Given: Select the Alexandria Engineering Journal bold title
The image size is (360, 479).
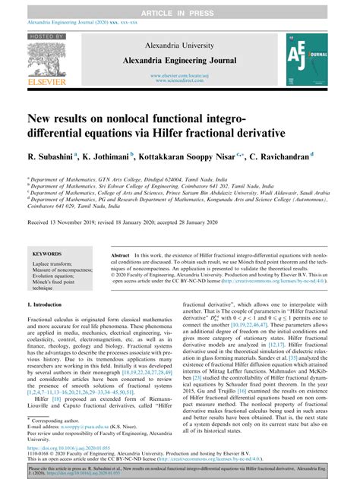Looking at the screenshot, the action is pos(179,58).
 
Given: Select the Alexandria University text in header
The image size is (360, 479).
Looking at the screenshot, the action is pos(179,46).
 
